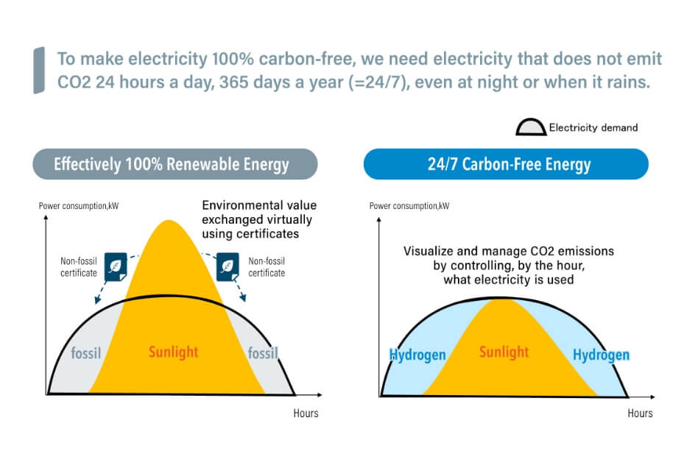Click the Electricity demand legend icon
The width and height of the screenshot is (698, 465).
coord(531,127)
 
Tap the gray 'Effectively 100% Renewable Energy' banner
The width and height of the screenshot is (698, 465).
coord(175,164)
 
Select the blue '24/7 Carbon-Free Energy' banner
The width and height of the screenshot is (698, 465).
coord(506,164)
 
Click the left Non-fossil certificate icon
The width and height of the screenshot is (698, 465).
coord(116,267)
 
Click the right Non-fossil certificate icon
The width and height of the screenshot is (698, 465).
coord(228,267)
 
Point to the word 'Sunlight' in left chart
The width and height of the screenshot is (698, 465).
coord(173,352)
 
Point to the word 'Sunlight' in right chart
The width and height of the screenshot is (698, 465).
coord(504,352)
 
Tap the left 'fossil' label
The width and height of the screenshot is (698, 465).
coord(86,353)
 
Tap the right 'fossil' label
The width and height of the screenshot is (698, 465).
coord(263,353)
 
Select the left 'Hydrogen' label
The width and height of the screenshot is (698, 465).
coord(417,355)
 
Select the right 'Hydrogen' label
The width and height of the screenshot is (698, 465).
coord(601,355)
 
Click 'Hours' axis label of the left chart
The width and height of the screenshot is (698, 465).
coord(306,413)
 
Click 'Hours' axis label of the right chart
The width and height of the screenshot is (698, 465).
coord(640,413)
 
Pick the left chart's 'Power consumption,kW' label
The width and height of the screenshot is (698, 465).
coord(79,205)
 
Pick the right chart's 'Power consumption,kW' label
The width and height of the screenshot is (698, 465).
coord(409,205)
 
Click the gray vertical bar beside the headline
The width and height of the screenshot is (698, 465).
coord(39,71)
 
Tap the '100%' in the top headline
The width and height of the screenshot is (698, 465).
coord(233,59)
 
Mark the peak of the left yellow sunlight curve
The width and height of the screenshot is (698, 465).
coord(169,220)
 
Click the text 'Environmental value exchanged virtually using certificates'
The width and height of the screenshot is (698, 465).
coord(259,219)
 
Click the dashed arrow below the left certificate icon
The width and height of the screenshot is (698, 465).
coord(101,292)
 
